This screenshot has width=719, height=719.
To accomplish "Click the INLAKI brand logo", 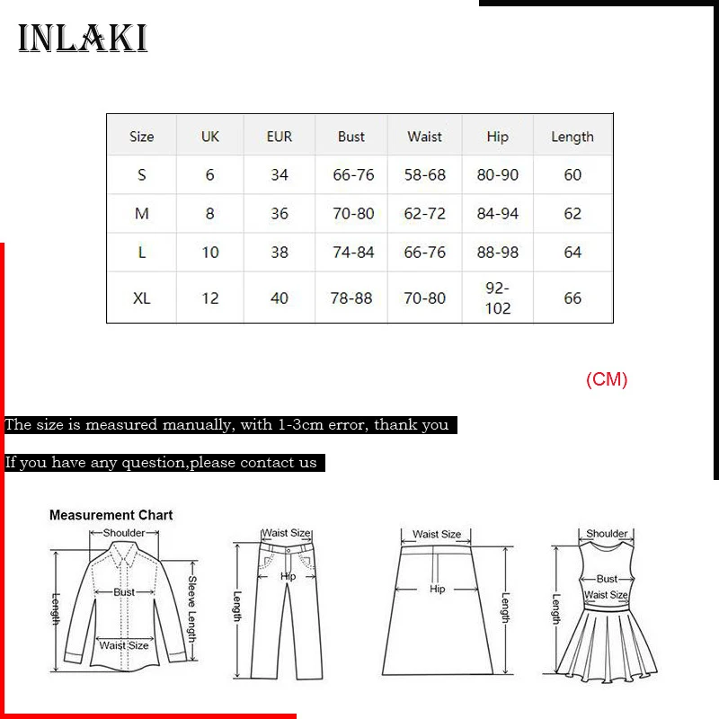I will point(83,39).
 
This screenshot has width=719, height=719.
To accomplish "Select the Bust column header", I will point(351,137).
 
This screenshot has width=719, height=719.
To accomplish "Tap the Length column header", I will point(573,137).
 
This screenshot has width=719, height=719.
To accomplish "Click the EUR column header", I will point(280,137).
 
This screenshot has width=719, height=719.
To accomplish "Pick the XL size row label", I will point(141,297).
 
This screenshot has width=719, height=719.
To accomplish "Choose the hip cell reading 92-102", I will point(497,297).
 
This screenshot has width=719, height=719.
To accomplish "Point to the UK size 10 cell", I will point(209,253).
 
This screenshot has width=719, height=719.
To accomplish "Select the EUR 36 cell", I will point(280,213).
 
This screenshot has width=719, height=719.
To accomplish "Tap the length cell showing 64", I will point(573,253).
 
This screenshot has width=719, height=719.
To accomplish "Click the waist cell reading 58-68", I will point(425,174).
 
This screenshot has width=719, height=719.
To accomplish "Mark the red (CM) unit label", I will point(607,379).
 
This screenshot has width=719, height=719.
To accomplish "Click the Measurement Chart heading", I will point(111,515).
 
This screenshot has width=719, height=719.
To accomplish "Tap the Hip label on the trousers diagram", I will point(288,576).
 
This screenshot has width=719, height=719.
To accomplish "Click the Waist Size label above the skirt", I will point(437,534).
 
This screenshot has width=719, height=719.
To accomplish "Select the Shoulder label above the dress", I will point(607,533).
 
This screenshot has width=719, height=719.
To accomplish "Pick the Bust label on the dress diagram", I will point(607,579).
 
